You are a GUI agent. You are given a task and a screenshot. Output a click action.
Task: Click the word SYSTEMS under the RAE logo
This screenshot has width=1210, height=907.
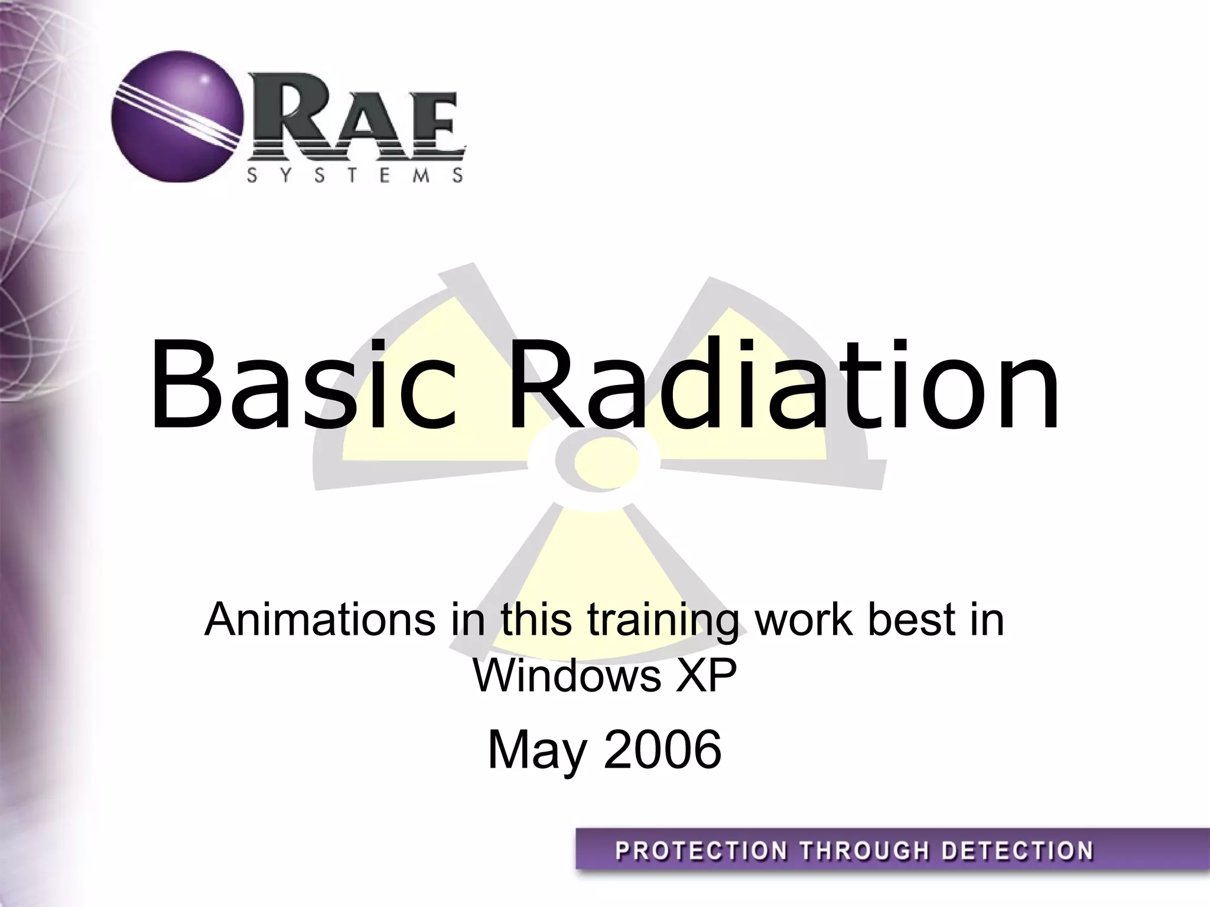pos(354,175)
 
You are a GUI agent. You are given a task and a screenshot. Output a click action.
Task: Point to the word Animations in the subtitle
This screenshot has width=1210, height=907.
pos(319,620)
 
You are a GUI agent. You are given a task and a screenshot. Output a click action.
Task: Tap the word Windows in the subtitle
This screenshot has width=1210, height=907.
pos(567,676)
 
